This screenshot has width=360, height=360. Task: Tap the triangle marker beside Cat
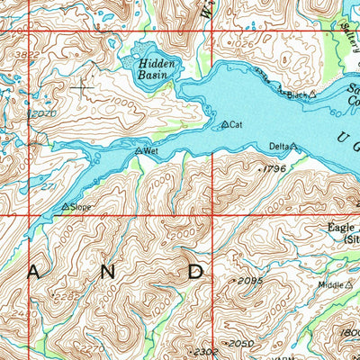(224, 125)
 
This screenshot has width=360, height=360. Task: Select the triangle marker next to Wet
(139, 151)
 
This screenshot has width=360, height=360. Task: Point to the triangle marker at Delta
(293, 146)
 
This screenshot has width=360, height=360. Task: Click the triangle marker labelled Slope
(65, 206)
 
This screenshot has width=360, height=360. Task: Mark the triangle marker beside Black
(312, 94)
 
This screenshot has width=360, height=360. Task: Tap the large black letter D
(196, 270)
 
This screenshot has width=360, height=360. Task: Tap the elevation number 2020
(42, 114)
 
